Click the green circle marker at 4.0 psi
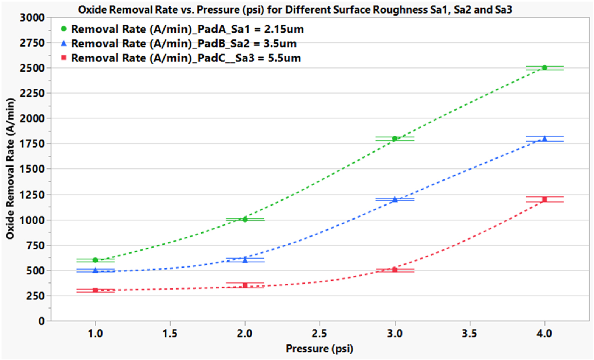tap(544, 68)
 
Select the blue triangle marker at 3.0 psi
tap(395, 199)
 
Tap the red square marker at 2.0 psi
tap(245, 285)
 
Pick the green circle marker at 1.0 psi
tap(95, 260)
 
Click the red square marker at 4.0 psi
tap(544, 199)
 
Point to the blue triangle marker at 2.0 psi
tap(245, 260)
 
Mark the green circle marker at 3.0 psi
tap(395, 139)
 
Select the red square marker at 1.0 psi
tap(95, 290)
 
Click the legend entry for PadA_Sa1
tap(187, 29)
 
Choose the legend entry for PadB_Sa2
tap(183, 44)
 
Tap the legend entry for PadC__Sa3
tap(186, 58)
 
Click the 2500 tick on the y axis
tap(32, 68)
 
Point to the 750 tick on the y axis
tap(35, 245)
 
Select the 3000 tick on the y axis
tap(32, 17)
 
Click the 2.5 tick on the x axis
tap(320, 334)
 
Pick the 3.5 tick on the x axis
tap(470, 334)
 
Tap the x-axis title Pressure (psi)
tap(320, 348)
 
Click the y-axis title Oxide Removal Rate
tap(10, 169)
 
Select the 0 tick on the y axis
tap(42, 321)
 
